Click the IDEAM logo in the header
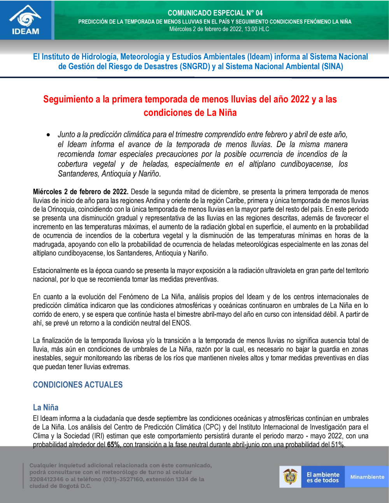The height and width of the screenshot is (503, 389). coord(26,20)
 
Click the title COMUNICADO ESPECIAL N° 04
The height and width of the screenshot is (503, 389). coord(215,13)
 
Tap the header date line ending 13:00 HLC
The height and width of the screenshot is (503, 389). coord(219,29)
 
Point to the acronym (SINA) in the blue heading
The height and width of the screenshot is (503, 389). coord(332,66)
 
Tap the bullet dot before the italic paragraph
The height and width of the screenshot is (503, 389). coord(48,135)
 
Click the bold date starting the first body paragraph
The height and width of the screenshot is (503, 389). coord(81,192)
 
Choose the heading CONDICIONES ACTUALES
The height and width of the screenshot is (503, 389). coord(78,385)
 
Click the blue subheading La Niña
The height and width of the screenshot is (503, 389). coord(46,407)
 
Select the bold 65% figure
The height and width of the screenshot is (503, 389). coord(113,445)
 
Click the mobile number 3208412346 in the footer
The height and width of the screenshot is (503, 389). coord(45,479)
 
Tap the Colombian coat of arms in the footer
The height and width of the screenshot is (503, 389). coord(290,477)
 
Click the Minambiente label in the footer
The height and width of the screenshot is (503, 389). coord(367,477)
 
